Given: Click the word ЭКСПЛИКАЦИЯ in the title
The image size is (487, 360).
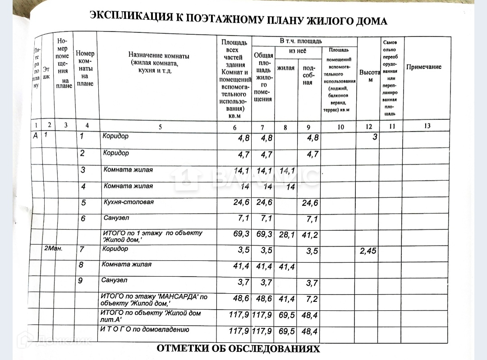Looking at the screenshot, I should coord(130,17).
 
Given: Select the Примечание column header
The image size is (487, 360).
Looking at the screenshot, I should coord(424,67).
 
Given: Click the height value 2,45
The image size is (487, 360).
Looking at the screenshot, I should coord(368,251).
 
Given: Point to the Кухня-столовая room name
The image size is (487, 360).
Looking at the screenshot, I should coord(129,202).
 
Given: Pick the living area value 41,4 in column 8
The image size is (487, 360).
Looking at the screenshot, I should coord(286,267).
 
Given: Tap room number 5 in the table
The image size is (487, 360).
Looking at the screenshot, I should coord(83,203).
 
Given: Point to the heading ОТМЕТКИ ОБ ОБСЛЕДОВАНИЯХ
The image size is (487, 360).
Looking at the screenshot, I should coord(238,349).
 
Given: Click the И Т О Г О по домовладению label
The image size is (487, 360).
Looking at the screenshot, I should coord(144,329).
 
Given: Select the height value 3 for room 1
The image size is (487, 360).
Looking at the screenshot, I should coord(374,137).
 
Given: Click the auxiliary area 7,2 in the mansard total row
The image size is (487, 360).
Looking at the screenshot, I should coord(312,299).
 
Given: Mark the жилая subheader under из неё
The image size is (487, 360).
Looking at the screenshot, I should coord(285,68).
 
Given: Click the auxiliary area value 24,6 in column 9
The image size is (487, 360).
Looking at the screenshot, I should coord(310,203).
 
